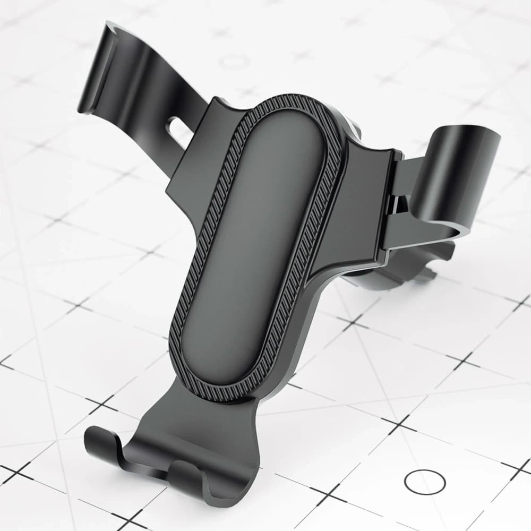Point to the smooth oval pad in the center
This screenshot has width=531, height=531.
pos(255,239)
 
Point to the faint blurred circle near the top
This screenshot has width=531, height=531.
pos(234,62)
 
